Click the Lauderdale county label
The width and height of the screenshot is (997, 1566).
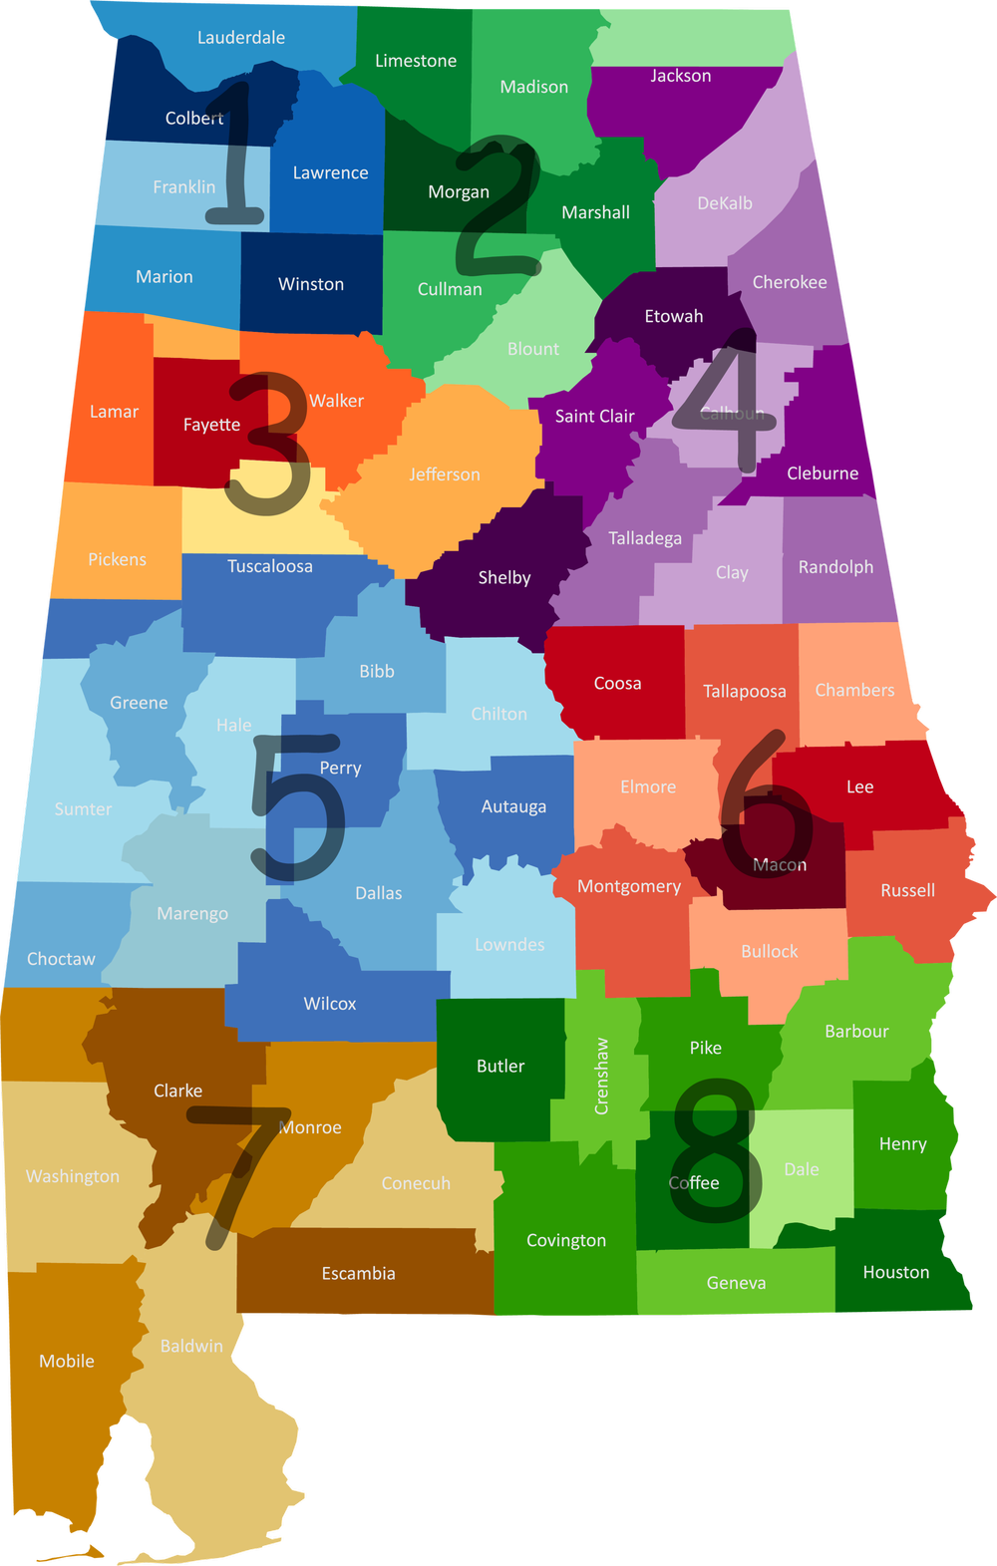point(241,38)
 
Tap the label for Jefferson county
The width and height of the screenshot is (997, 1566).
point(445,474)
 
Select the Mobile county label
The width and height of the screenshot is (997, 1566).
point(67,1361)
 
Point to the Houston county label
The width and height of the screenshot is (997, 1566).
point(896,1272)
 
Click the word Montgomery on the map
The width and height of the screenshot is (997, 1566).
point(629,886)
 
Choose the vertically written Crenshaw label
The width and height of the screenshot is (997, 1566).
point(601,1077)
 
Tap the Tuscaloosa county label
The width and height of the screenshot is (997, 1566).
point(270,566)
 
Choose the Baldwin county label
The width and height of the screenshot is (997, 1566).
point(191,1346)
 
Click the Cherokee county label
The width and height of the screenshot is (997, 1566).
point(790,282)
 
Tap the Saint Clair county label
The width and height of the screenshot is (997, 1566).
point(595,416)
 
